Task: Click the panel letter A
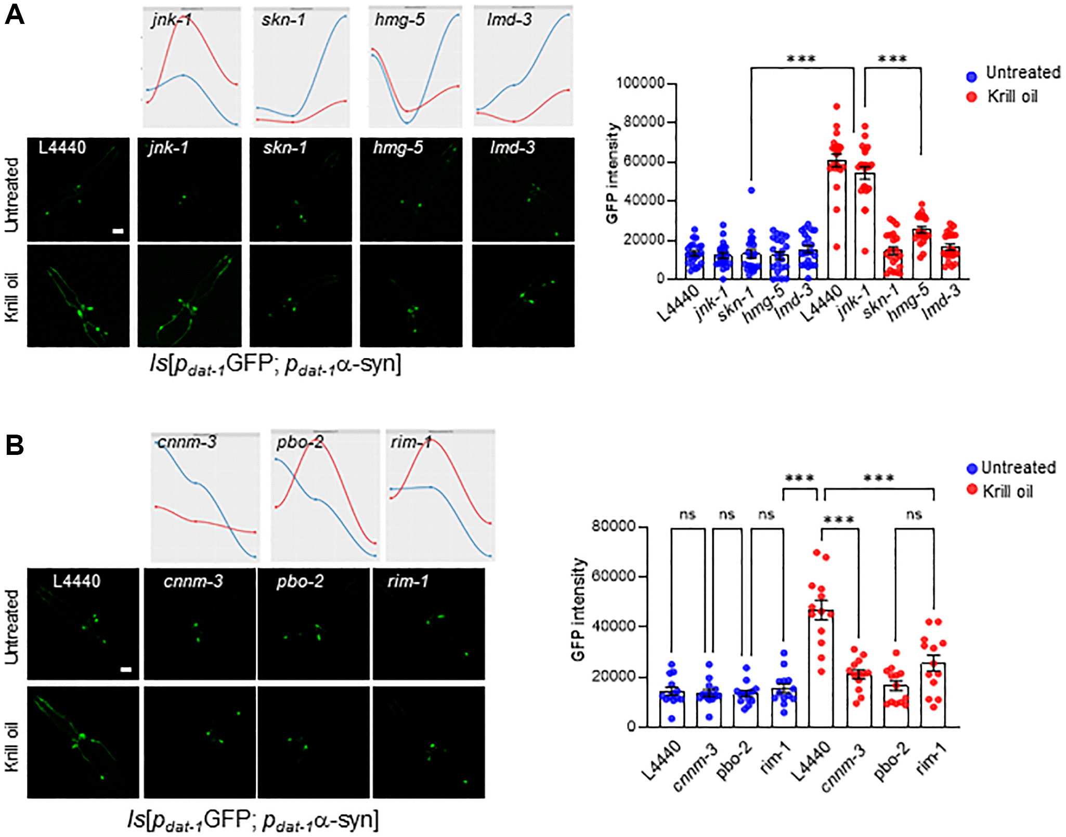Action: tap(14, 14)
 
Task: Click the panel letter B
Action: tap(15, 445)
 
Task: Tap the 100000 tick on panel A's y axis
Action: tap(640, 83)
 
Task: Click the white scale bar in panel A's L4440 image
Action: tap(118, 231)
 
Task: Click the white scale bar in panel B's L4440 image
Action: tap(126, 670)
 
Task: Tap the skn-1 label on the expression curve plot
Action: tap(283, 20)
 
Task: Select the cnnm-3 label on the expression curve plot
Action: tap(187, 442)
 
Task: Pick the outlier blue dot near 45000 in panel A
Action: tap(751, 190)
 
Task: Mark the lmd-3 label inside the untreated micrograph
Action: tap(512, 148)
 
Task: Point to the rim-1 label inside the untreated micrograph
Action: tap(408, 581)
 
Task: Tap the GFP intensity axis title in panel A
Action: tap(613, 174)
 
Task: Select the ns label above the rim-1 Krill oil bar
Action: tap(914, 515)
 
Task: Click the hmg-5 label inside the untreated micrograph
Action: tap(398, 148)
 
